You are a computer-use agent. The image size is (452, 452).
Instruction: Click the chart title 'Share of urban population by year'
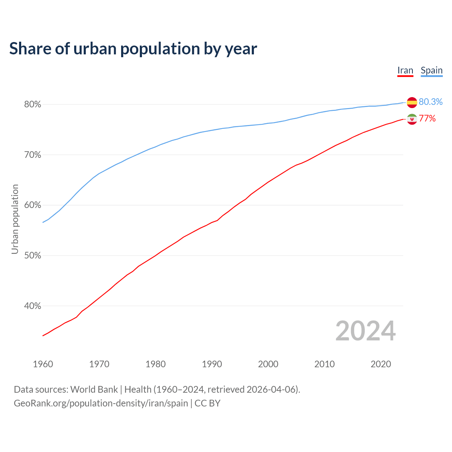tap(133, 49)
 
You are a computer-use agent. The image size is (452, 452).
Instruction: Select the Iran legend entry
tap(405, 71)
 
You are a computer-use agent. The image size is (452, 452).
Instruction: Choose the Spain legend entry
tap(432, 71)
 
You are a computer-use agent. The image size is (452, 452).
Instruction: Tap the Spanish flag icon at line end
tap(412, 102)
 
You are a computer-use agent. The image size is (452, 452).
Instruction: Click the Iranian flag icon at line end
tap(412, 119)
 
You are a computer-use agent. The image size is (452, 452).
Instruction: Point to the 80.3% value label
tap(430, 102)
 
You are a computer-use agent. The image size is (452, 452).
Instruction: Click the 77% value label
tap(427, 119)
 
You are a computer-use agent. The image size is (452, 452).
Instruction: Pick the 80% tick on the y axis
tap(32, 105)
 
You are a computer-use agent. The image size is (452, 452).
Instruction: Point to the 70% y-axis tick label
tap(32, 155)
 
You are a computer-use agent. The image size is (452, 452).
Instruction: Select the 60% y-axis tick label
tap(32, 205)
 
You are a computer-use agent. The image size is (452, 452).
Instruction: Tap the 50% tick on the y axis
tap(32, 256)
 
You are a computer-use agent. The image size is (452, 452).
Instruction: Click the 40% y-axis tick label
tap(32, 306)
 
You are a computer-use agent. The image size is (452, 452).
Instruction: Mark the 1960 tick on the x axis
tap(43, 364)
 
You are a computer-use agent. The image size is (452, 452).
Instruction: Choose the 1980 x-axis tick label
tap(155, 364)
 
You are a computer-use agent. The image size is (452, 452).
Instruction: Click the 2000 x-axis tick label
tap(268, 364)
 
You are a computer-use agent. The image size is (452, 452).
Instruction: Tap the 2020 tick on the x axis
tap(381, 364)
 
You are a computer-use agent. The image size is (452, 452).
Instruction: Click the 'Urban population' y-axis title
tap(15, 219)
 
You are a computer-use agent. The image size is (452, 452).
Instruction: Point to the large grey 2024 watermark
tap(365, 331)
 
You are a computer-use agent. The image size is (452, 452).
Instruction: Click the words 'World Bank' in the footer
tap(94, 389)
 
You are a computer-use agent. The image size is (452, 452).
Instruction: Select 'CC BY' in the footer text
tap(207, 403)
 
